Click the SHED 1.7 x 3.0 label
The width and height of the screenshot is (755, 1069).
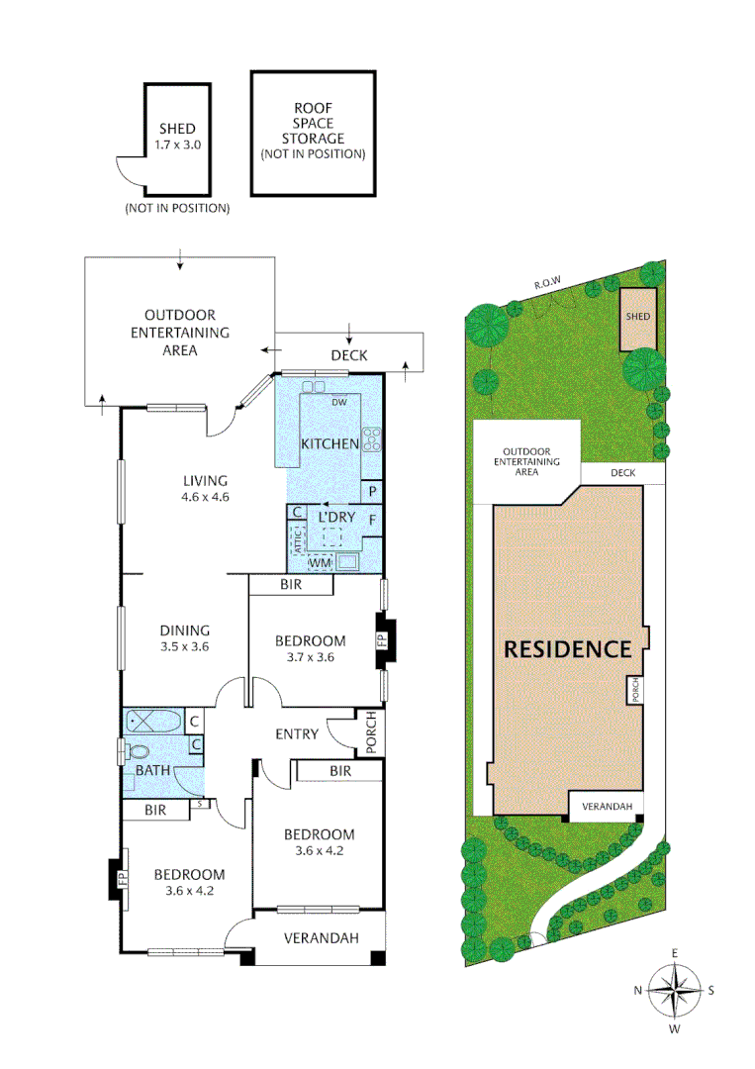pos(177,136)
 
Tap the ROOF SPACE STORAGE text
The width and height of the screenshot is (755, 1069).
pos(313,131)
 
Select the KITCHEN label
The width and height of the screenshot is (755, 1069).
pos(330,443)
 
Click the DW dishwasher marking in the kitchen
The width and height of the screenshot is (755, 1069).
pos(337,402)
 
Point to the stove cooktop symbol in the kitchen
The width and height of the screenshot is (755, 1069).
pos(373,438)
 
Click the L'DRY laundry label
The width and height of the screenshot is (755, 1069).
pos(335,518)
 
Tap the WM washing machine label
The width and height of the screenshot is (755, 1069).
pos(320,563)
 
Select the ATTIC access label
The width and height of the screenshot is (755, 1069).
pos(295,539)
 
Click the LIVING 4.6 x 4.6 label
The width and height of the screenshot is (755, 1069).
pos(205,489)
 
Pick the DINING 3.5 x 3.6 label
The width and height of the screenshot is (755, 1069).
pos(185,637)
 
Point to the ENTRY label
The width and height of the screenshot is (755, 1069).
pos(297,733)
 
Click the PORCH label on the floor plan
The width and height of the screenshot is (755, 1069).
pos(371,732)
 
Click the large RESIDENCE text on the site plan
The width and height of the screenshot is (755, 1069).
pos(567,649)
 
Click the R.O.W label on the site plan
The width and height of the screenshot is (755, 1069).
pos(547,284)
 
